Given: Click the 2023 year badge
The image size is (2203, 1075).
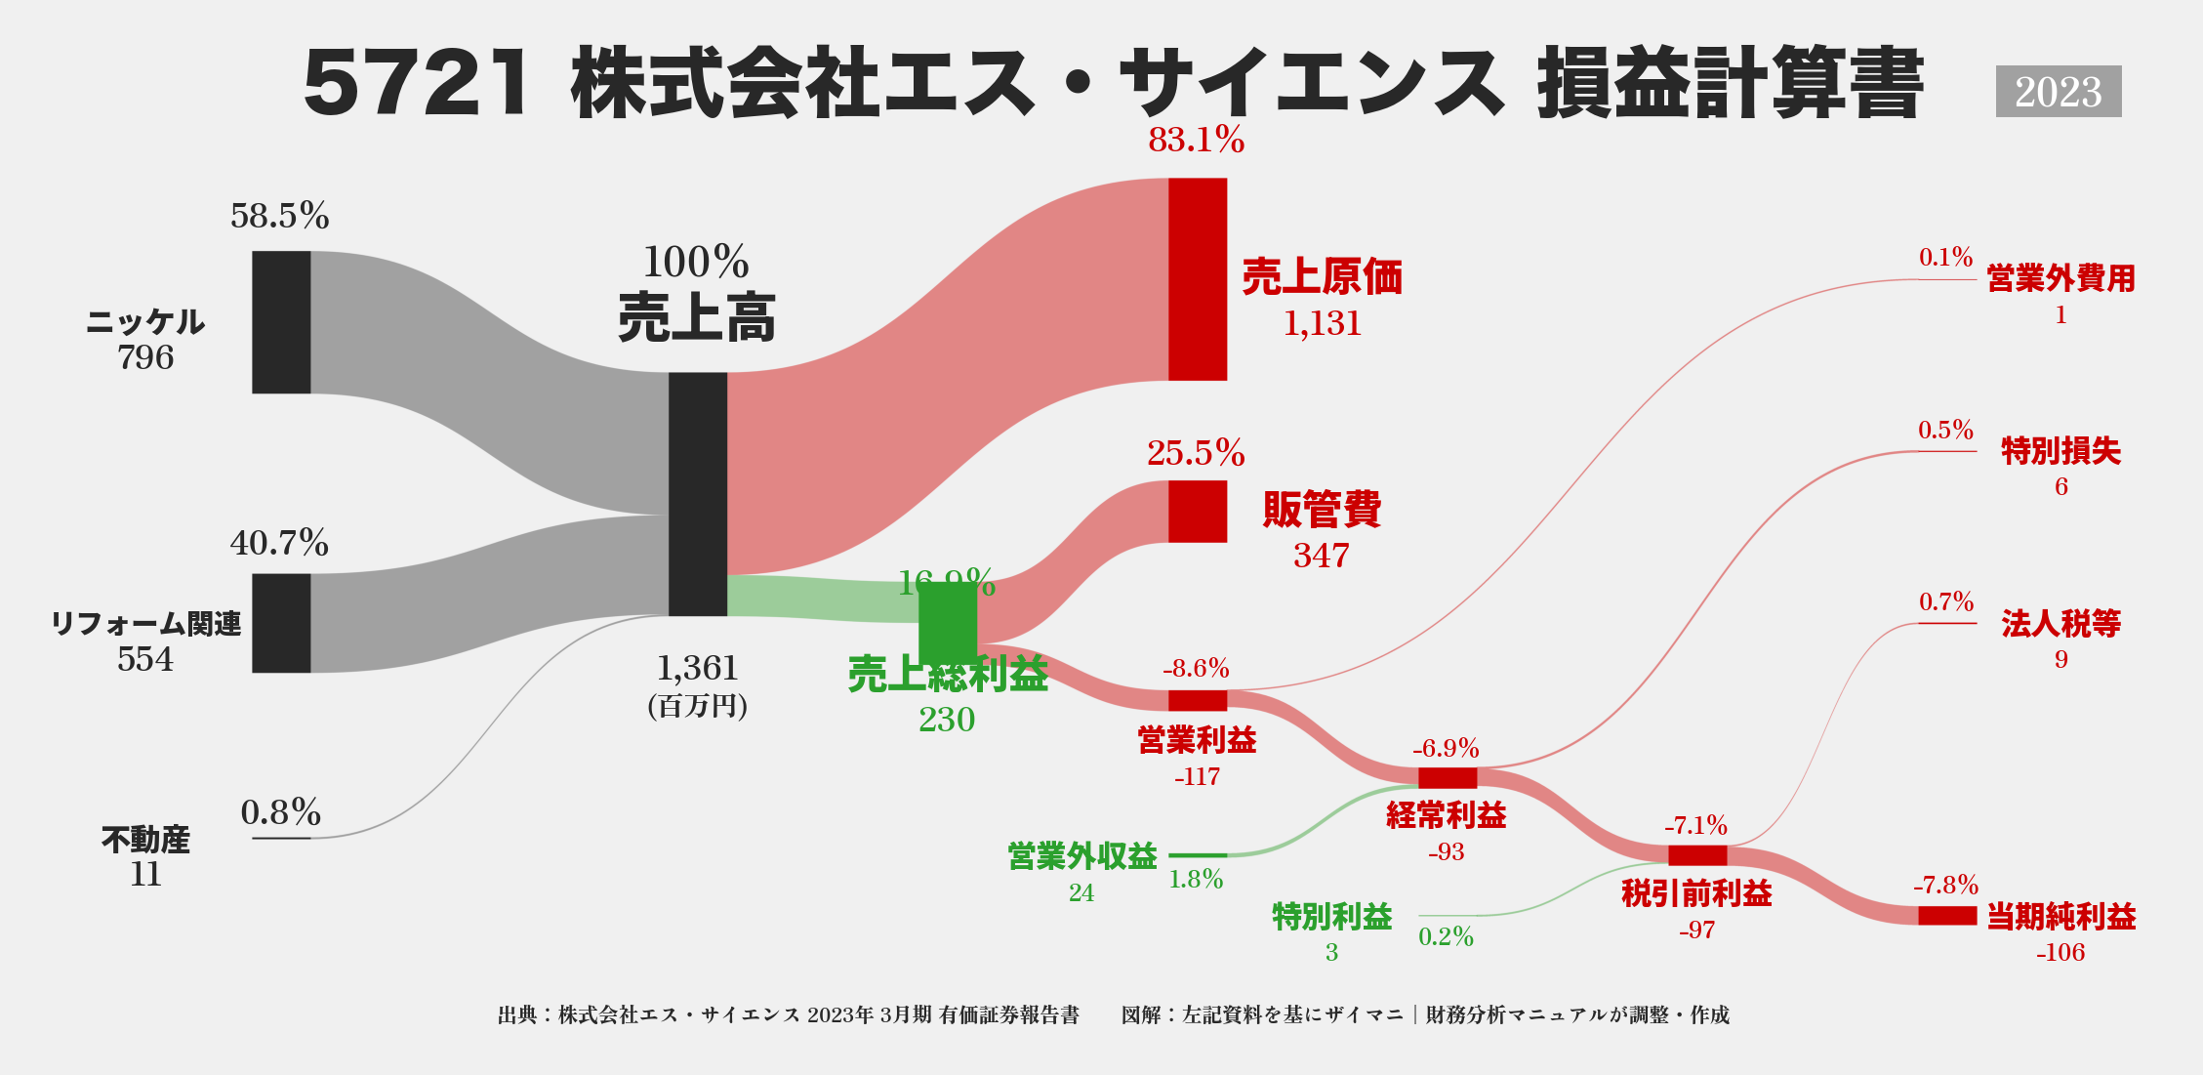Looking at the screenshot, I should coord(2058,92).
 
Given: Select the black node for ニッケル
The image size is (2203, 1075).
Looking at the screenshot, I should coord(281,322).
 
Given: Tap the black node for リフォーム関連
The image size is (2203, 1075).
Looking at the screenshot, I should coord(281,623).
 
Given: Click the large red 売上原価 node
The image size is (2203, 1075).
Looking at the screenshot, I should coord(1198,279).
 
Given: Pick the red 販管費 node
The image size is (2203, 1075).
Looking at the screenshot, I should coord(1198,512).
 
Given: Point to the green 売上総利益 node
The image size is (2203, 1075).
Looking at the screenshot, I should coord(948,622).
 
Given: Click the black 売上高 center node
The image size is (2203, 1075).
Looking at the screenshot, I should coord(698,494).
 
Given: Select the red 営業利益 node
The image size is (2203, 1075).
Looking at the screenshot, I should coord(1198,700).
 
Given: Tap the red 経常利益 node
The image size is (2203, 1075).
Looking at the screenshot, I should coord(1448,778).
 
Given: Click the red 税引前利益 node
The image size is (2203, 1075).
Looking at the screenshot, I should coord(1697,856).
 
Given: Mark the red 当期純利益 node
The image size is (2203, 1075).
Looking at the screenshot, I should coord(1947,916).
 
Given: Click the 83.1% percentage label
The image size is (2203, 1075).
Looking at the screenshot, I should coord(1196,141).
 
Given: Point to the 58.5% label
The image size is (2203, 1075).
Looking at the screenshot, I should coord(279,216).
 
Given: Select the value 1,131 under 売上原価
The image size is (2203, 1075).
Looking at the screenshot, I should coord(1322,323).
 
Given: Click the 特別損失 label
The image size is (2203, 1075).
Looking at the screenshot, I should coord(2060,451).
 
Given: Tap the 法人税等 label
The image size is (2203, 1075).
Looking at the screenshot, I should coord(2060,623).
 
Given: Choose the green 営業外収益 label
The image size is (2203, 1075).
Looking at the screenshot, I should coord(1081,856).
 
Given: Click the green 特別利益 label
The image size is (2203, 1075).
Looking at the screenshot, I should coord(1331,917).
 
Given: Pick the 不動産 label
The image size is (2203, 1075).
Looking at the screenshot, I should coord(145,839).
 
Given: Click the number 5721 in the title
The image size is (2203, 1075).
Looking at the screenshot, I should coord(418,84).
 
